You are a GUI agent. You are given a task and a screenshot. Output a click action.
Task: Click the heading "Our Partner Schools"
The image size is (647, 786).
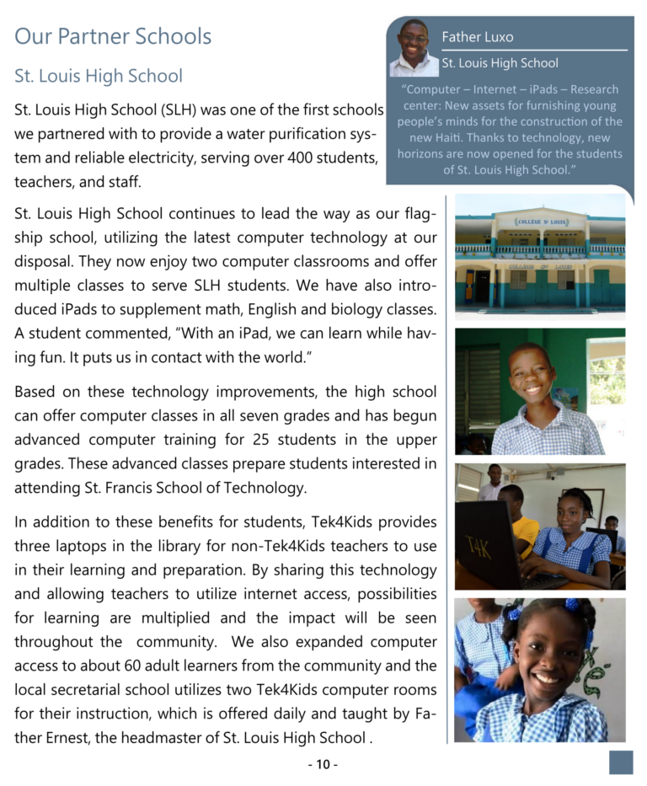point(113,36)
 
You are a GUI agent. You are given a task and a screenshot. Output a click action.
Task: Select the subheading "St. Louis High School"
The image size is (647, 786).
point(98,76)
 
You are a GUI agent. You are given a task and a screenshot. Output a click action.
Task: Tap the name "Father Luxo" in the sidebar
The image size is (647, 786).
point(477,37)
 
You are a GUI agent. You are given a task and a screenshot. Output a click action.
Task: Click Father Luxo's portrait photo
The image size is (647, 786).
point(414,48)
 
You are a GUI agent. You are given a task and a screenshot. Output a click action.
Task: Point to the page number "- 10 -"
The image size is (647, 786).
point(323,764)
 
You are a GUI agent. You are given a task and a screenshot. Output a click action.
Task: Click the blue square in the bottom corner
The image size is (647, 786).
point(621,762)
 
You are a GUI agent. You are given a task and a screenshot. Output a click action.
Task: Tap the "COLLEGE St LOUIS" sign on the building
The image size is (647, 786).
point(542,222)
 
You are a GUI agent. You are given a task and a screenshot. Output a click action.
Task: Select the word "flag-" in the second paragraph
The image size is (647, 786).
point(418,215)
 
